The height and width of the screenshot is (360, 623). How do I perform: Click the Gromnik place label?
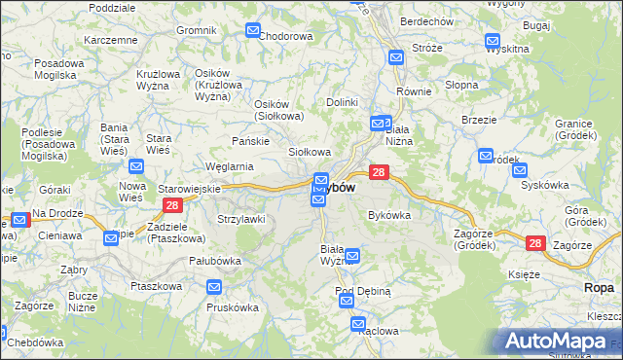tap(196, 30)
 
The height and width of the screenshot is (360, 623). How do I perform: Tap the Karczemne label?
tap(110, 40)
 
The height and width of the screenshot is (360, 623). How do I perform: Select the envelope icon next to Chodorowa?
tap(252, 31)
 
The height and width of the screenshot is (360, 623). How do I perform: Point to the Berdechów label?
tap(426, 21)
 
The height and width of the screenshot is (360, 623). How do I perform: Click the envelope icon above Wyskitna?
tap(493, 42)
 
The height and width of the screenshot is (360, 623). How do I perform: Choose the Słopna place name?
tap(461, 85)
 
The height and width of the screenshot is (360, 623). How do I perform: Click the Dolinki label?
tap(343, 102)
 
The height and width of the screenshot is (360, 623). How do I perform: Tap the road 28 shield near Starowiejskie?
tap(171, 205)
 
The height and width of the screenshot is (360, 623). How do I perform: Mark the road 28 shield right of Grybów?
tap(380, 172)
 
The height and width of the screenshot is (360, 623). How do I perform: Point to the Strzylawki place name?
tap(241, 219)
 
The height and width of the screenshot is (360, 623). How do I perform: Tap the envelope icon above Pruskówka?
tap(214, 287)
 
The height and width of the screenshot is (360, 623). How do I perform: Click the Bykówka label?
tap(388, 215)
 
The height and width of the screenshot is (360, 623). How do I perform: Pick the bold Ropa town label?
tap(600, 288)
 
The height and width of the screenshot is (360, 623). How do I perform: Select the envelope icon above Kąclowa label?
tap(357, 324)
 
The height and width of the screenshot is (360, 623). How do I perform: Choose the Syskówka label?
tap(544, 184)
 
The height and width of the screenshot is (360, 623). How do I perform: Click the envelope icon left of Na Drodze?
tap(18, 223)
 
